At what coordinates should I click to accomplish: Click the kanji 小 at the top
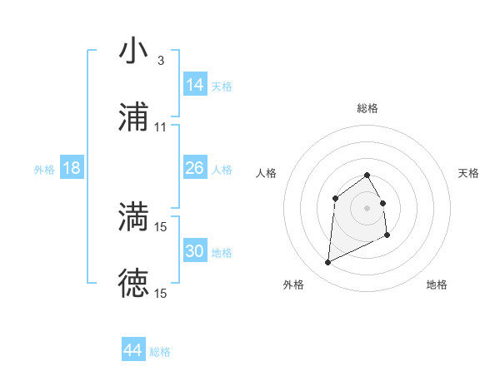coord(133,51)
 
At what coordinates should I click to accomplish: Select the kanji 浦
coord(133,117)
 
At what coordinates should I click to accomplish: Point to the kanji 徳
coord(133,283)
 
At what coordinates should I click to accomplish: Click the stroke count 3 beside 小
coord(160,61)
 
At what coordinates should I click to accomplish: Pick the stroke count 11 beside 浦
coord(160,127)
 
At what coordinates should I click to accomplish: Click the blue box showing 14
coord(195,85)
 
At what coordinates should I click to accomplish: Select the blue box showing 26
coord(195,168)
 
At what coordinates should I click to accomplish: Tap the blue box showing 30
coord(195,251)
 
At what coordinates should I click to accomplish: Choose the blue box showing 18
coord(72,168)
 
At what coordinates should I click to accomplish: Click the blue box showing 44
coord(133,350)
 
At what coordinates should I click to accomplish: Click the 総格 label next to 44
coord(160,352)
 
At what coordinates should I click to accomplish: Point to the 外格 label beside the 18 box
coord(44,170)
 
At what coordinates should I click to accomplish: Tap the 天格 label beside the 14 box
coord(222,87)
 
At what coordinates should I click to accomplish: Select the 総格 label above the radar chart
coord(367,108)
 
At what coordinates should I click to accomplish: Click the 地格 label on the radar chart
coord(437,285)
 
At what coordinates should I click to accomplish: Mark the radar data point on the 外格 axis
coord(327,263)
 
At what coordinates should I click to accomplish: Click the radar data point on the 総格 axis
coord(367,175)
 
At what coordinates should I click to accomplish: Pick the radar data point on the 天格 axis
coord(382,203)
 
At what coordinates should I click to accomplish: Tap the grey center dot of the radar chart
coord(367,208)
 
